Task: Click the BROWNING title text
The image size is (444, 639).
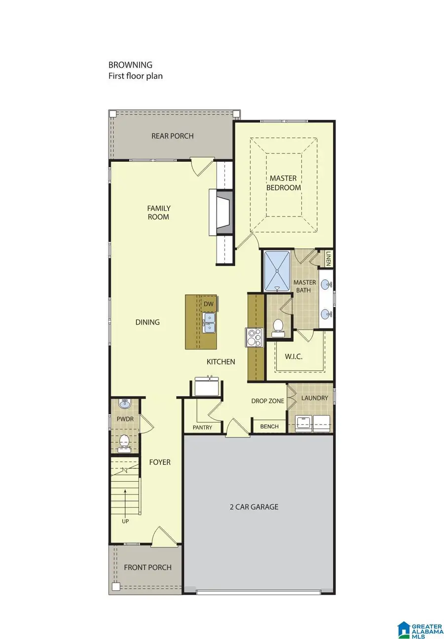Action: click(130, 65)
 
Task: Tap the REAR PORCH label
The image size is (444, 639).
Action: click(172, 136)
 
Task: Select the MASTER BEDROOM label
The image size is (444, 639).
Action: click(283, 182)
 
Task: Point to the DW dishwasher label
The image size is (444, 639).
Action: click(209, 304)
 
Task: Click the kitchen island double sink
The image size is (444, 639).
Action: click(209, 323)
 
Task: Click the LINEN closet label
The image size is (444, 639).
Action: click(329, 258)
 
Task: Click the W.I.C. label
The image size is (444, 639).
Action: click(294, 356)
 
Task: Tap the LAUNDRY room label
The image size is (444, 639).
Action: click(314, 398)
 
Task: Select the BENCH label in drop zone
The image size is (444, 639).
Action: click(269, 426)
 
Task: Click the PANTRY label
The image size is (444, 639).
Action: click(202, 427)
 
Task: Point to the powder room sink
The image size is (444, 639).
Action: click(125, 405)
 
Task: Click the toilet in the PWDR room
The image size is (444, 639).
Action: click(125, 442)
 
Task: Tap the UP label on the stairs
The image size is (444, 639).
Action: click(125, 521)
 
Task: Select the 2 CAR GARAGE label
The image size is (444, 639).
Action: click(254, 507)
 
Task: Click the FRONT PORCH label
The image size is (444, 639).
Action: click(148, 568)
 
